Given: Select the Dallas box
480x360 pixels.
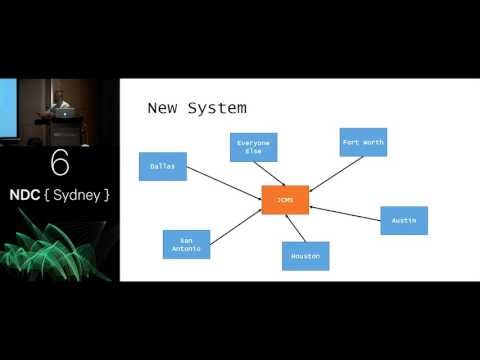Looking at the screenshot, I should pos(162,166).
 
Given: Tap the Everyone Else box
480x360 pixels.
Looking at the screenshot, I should pos(253,147).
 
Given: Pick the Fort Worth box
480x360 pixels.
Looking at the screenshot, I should pos(362,142).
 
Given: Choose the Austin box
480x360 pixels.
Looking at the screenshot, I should pos(404,220).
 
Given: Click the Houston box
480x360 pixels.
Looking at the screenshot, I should pos(305,256).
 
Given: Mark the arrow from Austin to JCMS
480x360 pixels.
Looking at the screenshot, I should pos(345,212).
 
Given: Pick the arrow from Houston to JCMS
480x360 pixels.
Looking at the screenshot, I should pos(295,228).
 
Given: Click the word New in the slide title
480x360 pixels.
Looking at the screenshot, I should pos(165,106).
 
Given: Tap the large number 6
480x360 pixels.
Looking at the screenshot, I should pos(60,163).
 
